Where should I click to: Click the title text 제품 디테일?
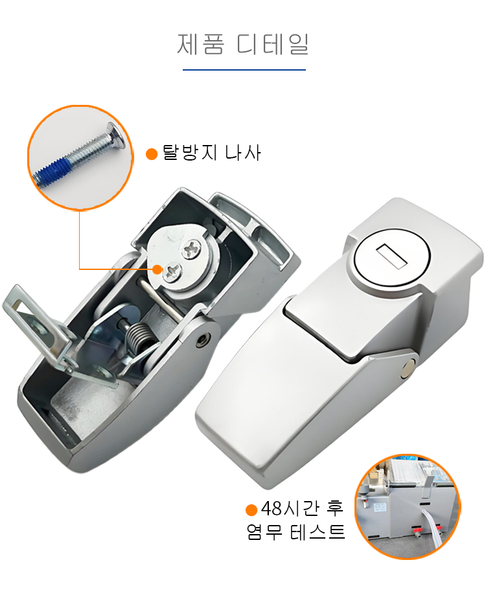(242, 44)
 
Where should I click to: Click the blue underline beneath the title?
(244, 69)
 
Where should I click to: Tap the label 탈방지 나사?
(212, 153)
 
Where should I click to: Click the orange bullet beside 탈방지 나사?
(152, 154)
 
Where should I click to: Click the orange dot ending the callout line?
(157, 270)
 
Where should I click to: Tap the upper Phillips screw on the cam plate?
(192, 249)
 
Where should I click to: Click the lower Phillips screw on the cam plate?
(173, 271)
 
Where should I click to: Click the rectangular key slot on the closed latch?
(391, 256)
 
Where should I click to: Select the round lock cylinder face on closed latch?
(391, 256)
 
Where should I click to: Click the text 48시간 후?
(302, 508)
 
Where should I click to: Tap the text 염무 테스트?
(296, 531)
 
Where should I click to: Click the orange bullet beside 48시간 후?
(251, 509)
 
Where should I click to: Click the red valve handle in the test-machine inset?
(417, 530)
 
